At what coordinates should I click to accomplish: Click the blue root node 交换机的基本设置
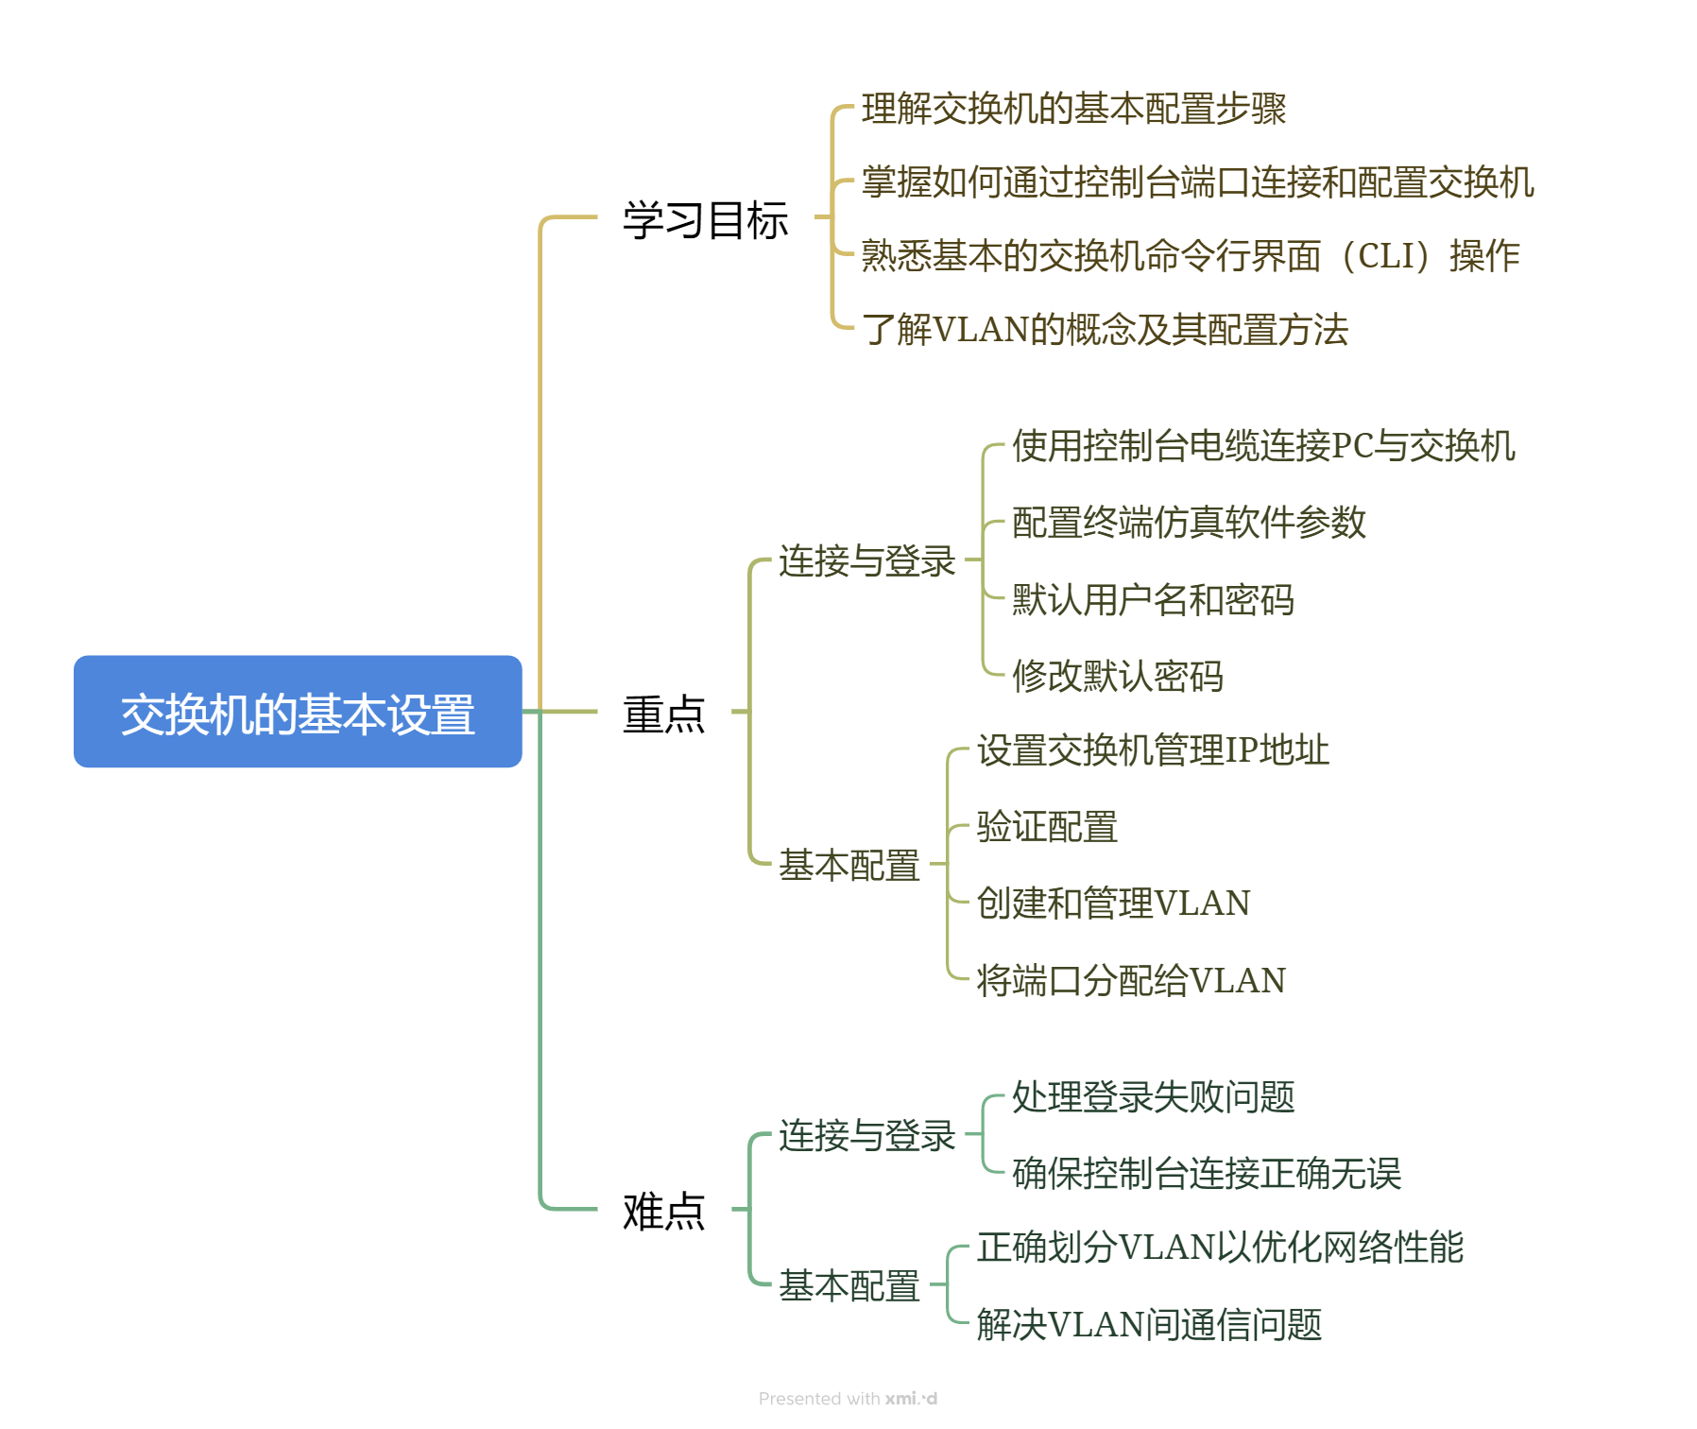click(x=298, y=712)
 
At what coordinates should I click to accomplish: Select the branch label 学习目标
click(x=705, y=220)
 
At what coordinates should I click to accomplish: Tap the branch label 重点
click(x=663, y=714)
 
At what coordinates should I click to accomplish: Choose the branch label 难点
click(x=663, y=1211)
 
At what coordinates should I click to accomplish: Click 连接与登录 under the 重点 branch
click(x=866, y=560)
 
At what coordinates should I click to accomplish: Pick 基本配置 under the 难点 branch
click(x=848, y=1285)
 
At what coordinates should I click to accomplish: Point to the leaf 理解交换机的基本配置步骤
click(x=1073, y=109)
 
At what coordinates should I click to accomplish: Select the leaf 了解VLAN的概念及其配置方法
click(x=1105, y=330)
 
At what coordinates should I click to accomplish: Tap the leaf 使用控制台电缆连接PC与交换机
click(x=1263, y=445)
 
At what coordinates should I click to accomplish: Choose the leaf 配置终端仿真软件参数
click(x=1189, y=522)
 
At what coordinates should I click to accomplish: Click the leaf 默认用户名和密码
click(x=1153, y=599)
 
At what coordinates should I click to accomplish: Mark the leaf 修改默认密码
click(x=1118, y=676)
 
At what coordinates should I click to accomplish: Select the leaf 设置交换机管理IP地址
click(x=1153, y=750)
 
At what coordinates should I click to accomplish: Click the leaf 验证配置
click(x=1047, y=827)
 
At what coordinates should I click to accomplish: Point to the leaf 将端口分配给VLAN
click(x=1131, y=980)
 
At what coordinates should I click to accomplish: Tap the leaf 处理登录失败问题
click(x=1153, y=1096)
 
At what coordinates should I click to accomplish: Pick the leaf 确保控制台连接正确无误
click(x=1207, y=1173)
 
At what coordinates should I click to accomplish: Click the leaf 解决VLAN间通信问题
click(x=1149, y=1324)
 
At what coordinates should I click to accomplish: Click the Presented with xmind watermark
click(x=848, y=1399)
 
